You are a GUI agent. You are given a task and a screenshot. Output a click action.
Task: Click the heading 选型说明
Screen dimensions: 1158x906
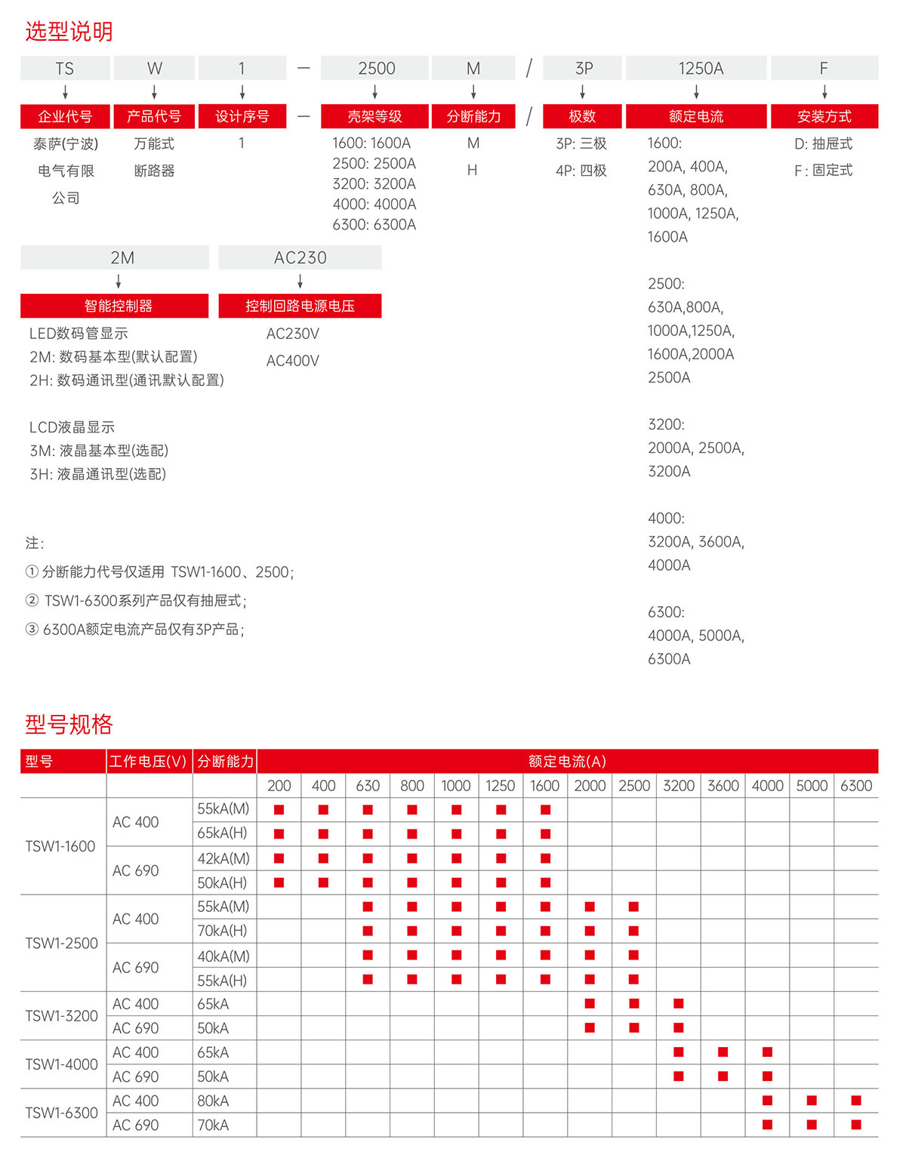pyautogui.click(x=69, y=31)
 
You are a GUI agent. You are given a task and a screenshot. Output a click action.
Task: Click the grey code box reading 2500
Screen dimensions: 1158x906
pyautogui.click(x=375, y=68)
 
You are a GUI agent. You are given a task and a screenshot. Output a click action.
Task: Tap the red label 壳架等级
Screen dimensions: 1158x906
pyautogui.click(x=374, y=116)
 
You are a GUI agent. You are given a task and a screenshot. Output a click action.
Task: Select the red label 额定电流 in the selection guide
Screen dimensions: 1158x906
pyautogui.click(x=695, y=116)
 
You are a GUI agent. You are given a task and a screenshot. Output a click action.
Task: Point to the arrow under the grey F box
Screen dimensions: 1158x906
pyautogui.click(x=824, y=92)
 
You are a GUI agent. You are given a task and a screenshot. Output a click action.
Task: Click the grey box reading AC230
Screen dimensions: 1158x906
pyautogui.click(x=300, y=257)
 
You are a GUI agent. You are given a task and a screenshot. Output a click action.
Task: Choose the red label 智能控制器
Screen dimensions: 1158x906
pyautogui.click(x=118, y=306)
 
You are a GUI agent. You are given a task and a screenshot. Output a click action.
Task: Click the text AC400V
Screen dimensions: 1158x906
pyautogui.click(x=292, y=361)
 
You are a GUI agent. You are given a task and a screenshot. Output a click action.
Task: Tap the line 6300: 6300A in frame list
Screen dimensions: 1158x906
pyautogui.click(x=374, y=224)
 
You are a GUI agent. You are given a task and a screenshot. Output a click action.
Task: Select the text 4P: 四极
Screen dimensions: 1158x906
pyautogui.click(x=581, y=171)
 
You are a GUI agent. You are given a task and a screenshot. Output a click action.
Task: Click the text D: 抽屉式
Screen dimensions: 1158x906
pyautogui.click(x=823, y=143)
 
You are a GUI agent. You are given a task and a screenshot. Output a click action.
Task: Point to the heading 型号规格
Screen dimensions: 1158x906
pyautogui.click(x=69, y=724)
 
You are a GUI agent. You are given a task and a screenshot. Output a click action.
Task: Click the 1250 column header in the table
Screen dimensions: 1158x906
pyautogui.click(x=500, y=786)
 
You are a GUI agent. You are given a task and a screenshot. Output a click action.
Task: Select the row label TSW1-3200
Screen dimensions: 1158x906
pyautogui.click(x=61, y=1016)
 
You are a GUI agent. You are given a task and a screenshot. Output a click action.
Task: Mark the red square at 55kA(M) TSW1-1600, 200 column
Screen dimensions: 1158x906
pyautogui.click(x=279, y=809)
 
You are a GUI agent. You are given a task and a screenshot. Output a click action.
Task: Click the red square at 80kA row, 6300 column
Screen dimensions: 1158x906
pyautogui.click(x=855, y=1101)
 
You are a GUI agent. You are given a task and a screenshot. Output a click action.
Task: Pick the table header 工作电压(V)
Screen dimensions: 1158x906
pyautogui.click(x=148, y=761)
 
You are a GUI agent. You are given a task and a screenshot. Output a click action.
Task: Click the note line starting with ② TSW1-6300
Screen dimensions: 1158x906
pyautogui.click(x=136, y=601)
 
